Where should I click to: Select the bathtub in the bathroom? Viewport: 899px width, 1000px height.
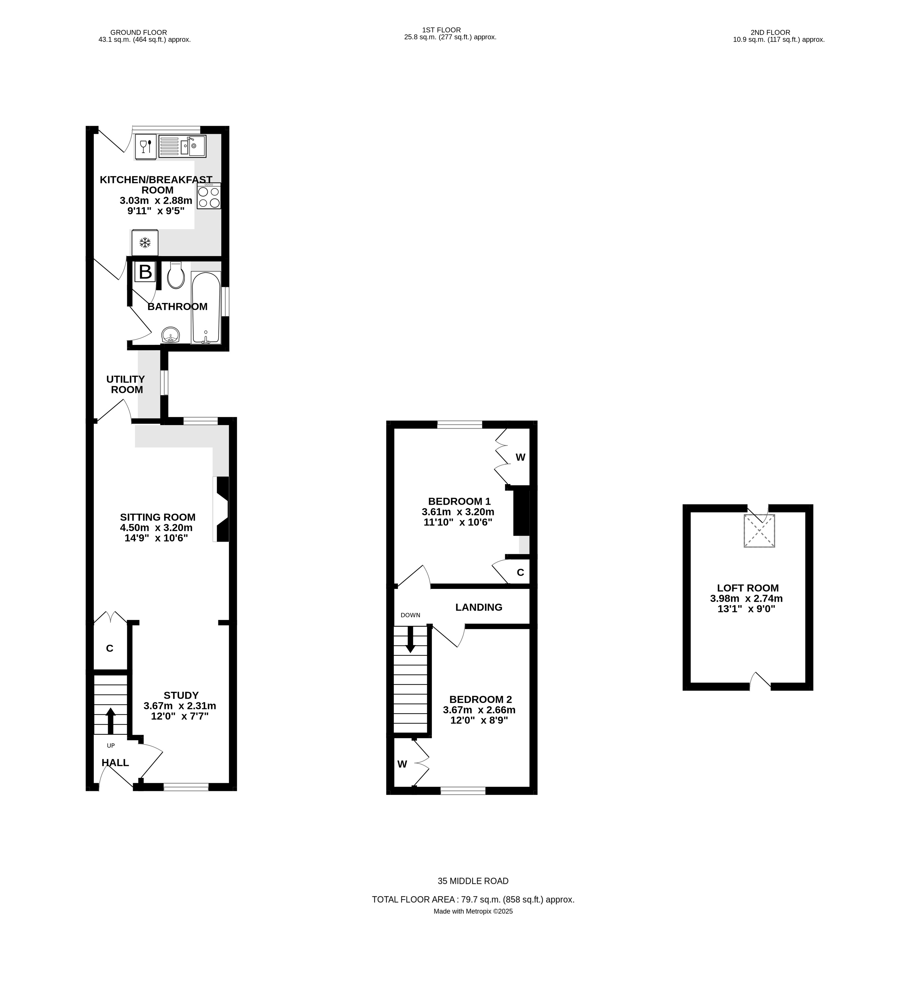206,307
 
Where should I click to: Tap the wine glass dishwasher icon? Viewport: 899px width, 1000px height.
146,147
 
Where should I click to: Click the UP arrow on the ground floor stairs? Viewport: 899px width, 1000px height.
110,721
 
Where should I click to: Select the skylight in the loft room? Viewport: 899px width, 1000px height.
759,531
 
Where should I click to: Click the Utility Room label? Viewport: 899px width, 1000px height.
126,384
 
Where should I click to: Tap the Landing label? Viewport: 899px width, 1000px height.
479,607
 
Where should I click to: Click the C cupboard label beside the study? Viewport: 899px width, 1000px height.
110,648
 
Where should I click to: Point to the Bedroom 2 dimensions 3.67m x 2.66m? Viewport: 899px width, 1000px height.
479,710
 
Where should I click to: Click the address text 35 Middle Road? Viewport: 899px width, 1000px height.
473,881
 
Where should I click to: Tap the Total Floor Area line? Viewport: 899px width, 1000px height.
473,900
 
